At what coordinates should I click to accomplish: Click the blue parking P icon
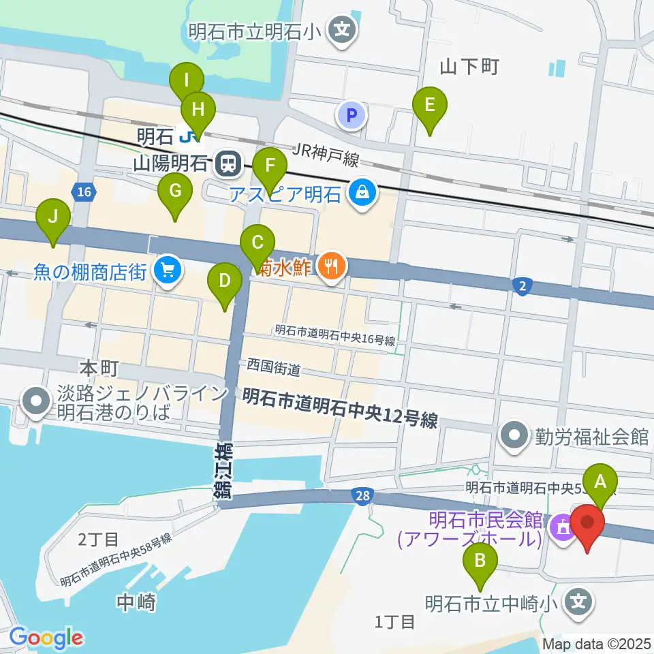[352, 115]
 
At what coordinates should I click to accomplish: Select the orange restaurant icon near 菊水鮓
[332, 264]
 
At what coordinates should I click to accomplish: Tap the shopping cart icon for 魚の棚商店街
[166, 271]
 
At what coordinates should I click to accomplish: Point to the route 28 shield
[363, 497]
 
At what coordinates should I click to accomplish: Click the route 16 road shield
[84, 193]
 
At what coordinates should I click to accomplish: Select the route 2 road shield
[522, 287]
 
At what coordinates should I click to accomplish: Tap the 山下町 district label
[469, 66]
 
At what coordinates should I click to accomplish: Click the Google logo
[46, 638]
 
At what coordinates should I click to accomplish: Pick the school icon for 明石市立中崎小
[579, 602]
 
